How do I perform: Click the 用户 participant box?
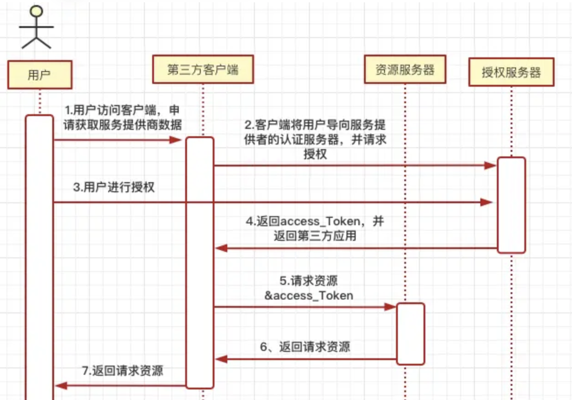point(39,75)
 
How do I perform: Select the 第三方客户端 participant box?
point(203,70)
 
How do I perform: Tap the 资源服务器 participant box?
point(405,70)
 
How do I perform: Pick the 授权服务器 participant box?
point(511,72)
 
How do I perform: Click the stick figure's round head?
point(36,11)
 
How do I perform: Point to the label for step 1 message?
point(122,118)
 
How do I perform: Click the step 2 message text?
point(315,139)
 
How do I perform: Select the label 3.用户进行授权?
point(114,188)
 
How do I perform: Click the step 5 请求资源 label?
point(309,288)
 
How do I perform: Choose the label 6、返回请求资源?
point(305,346)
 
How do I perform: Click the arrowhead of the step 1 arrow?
point(179,139)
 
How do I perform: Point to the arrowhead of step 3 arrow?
point(487,202)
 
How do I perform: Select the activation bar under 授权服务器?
point(511,205)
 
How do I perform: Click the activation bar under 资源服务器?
point(410,333)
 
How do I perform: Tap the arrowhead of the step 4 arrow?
point(221,248)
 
